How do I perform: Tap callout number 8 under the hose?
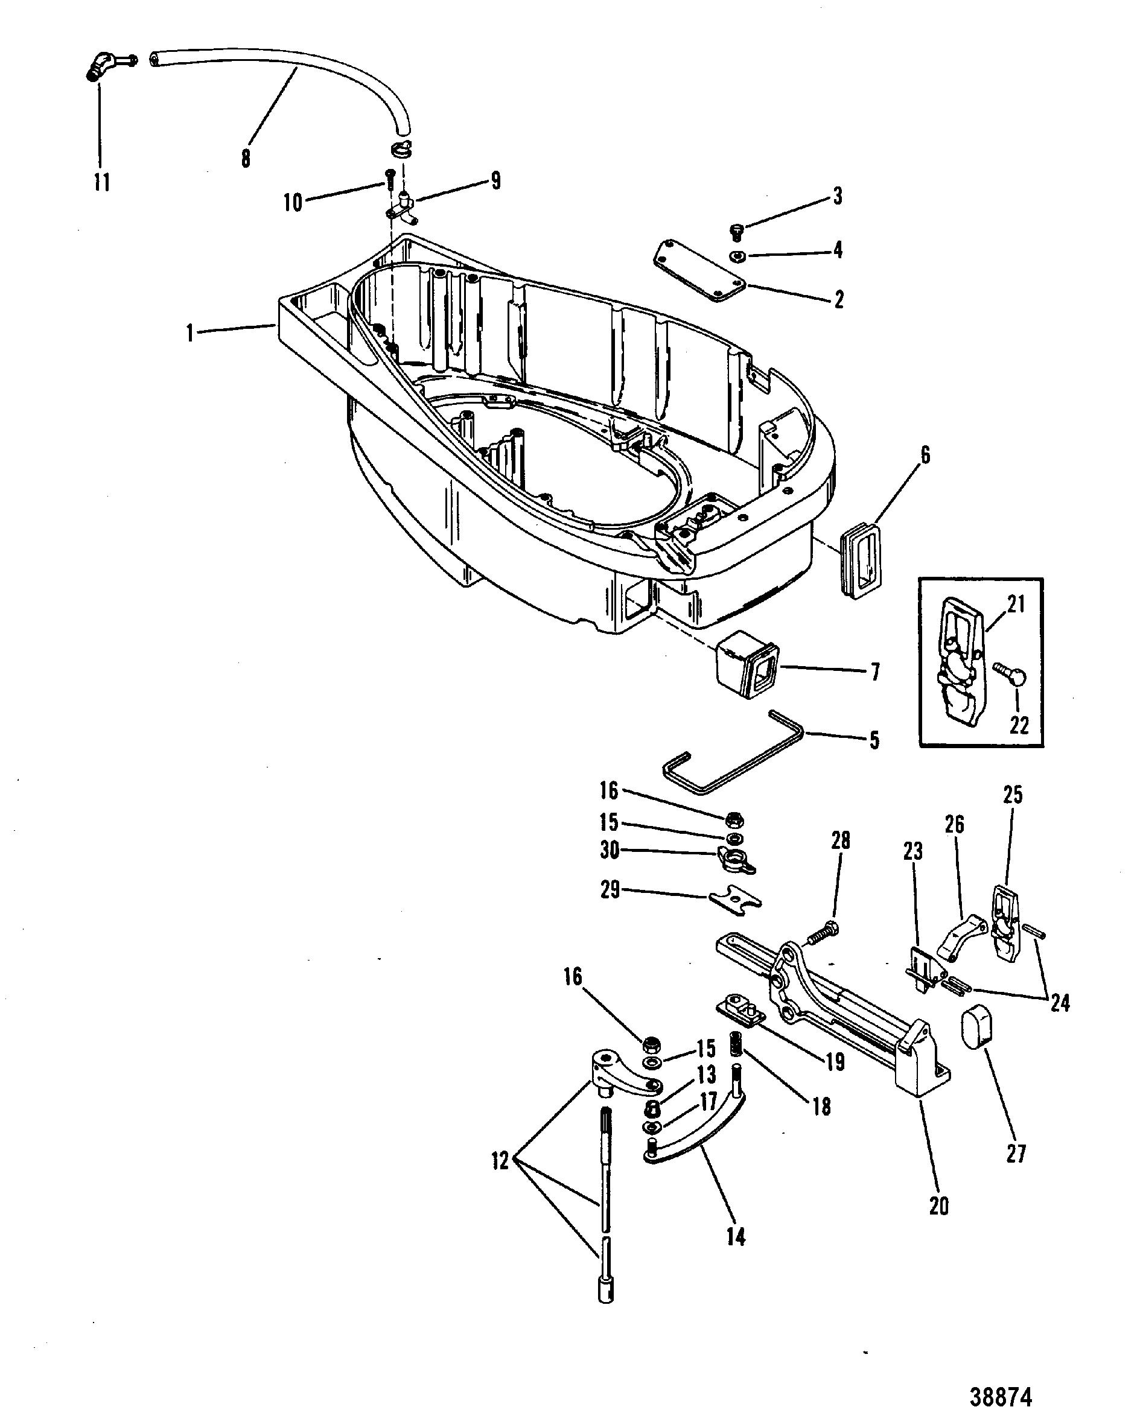pos(246,158)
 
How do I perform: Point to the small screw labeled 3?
pos(736,232)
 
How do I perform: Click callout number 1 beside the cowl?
pos(191,334)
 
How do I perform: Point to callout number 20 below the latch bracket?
pos(939,1206)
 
